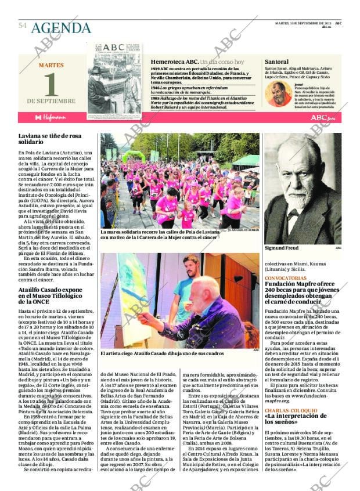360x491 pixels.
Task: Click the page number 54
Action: coord(23,26)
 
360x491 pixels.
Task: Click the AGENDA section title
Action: coord(61,28)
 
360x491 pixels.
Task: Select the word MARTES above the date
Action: coord(51,65)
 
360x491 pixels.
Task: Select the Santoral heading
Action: coord(276,62)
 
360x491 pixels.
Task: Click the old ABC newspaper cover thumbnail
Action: coord(114,81)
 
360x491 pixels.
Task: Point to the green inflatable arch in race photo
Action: coord(134,155)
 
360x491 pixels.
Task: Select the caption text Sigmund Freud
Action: coord(283,247)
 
